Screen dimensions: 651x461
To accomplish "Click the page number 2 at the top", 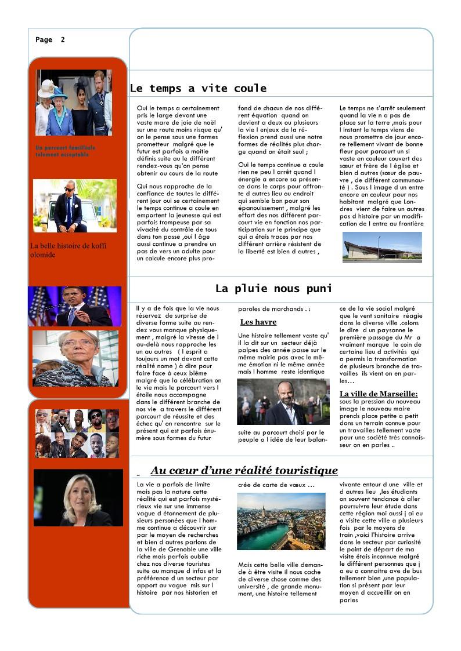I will click(63, 40).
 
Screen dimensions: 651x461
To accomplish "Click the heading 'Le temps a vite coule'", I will click(198, 89).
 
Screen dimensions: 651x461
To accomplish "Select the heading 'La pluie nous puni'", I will click(273, 289).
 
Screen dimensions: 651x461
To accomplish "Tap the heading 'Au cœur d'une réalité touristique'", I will click(244, 470).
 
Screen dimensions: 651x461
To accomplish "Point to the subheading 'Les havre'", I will click(258, 322).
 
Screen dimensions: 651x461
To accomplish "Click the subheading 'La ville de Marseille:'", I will click(379, 394).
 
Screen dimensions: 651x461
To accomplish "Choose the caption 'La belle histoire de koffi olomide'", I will click(68, 250).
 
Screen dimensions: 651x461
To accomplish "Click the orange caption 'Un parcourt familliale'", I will click(65, 148).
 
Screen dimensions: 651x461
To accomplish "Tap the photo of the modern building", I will click(382, 248).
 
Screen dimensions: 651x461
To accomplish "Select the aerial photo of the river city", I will click(281, 521).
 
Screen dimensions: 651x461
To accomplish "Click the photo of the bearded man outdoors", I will click(283, 402).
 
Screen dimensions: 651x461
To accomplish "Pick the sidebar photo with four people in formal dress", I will click(74, 103).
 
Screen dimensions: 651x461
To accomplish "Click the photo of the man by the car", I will click(75, 205).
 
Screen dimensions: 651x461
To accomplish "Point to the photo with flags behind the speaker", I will click(74, 306).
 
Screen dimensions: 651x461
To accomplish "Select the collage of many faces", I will click(77, 433).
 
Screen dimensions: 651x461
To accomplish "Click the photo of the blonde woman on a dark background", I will click(78, 497).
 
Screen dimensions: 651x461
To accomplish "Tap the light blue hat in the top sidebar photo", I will click(59, 93).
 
